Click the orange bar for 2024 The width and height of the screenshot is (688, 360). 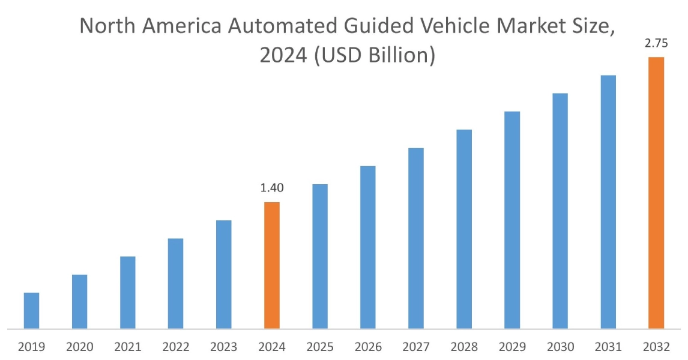point(272,265)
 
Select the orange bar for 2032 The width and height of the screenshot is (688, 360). point(656,193)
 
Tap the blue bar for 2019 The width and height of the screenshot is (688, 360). point(31,310)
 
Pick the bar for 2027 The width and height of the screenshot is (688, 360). point(416,238)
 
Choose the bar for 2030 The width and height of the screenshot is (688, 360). point(560,211)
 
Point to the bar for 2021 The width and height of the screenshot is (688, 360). point(127,292)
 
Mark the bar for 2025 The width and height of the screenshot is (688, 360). point(320,256)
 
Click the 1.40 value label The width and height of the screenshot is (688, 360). point(272,188)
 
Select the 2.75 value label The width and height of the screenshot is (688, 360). point(656,43)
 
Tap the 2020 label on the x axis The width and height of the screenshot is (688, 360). point(79,347)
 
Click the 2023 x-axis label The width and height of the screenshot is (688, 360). point(223,347)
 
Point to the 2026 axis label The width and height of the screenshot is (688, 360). point(368,347)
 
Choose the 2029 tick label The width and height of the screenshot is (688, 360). point(512,347)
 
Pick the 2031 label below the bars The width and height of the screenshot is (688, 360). point(608,347)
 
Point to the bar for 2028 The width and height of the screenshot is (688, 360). point(464,229)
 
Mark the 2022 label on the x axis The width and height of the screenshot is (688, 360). point(175,347)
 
